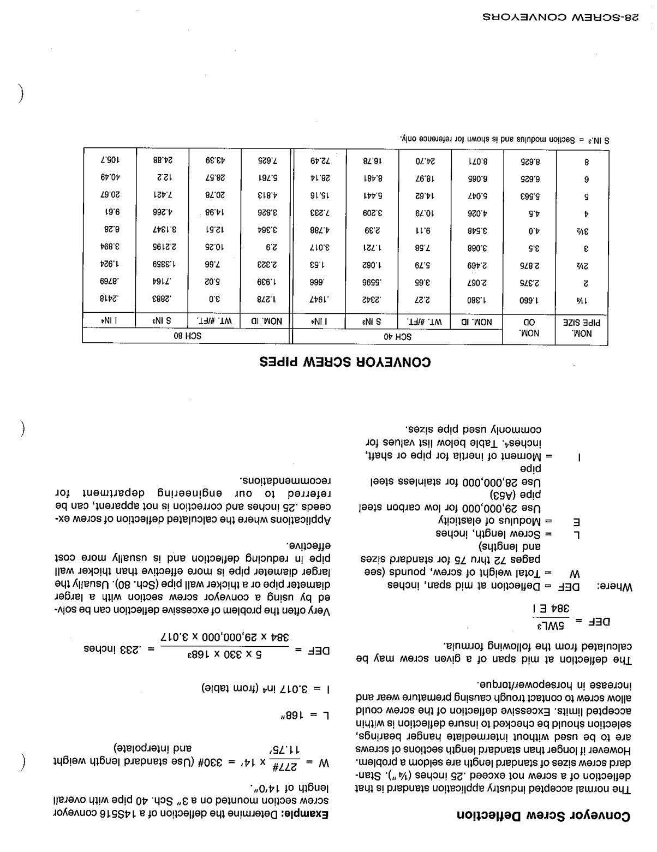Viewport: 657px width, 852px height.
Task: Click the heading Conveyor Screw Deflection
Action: click(543, 816)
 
